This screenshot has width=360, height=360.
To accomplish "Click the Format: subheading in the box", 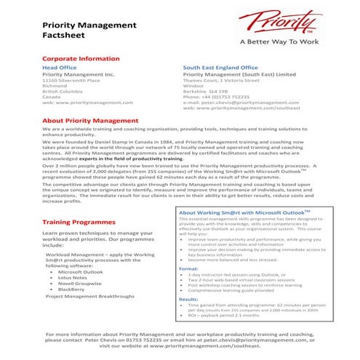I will coord(188,268).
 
